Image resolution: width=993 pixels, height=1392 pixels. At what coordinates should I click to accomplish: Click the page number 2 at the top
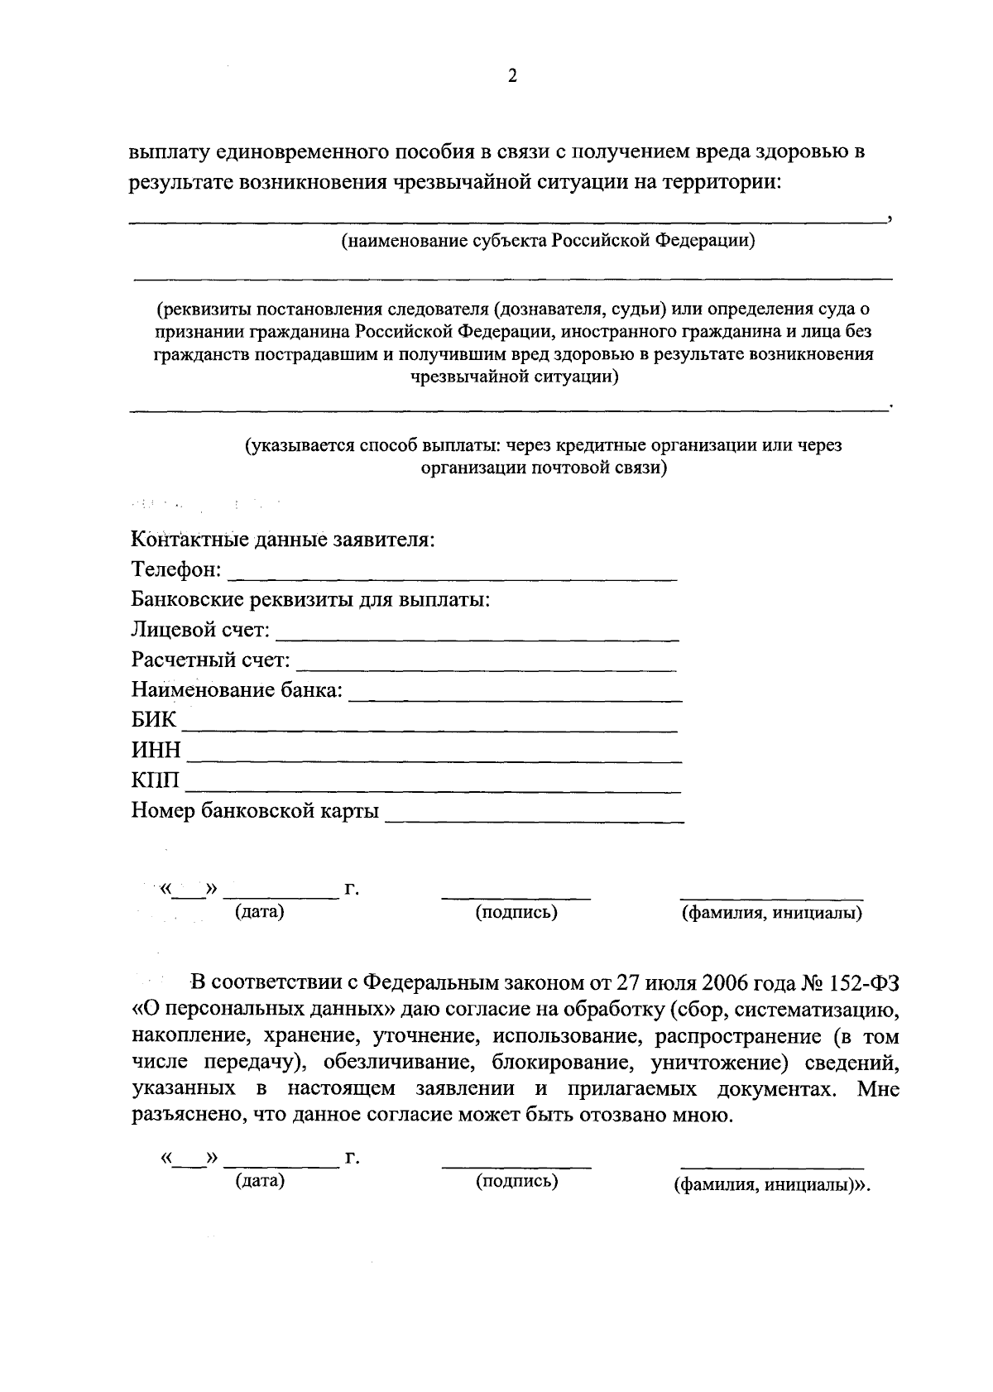tap(511, 77)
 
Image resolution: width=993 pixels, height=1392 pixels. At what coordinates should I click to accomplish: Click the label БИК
tap(154, 720)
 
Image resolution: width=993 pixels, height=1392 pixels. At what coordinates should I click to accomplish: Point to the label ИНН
tap(156, 751)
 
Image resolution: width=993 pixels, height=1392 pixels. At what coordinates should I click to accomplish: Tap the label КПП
tap(155, 780)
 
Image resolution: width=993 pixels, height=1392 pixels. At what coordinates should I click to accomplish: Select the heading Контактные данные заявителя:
tap(283, 540)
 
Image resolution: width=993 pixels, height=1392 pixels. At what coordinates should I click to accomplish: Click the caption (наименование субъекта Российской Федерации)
tap(549, 241)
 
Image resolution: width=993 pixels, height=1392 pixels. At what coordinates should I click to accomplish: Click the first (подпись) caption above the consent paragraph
tap(516, 912)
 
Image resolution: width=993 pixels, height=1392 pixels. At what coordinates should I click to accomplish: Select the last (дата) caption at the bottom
tap(259, 1181)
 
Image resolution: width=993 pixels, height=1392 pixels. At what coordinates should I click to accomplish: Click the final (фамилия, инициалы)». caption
tap(773, 1184)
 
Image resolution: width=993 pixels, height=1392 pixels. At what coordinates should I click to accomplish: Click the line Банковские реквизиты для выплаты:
tap(311, 599)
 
